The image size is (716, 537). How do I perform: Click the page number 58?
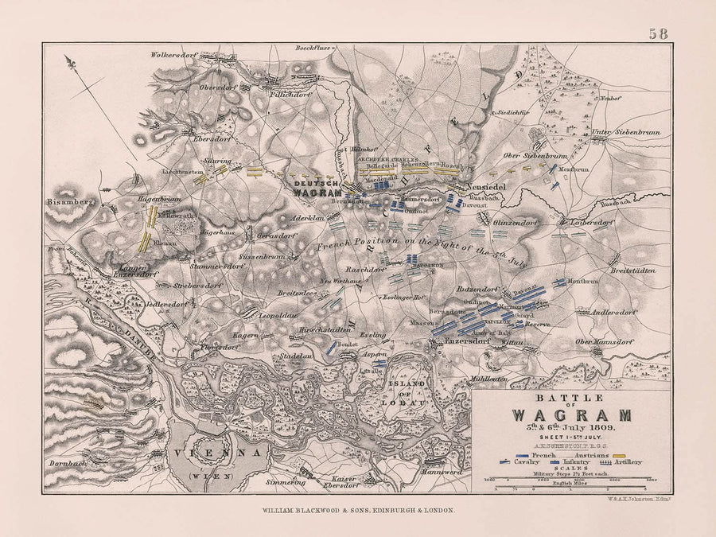[x=658, y=33]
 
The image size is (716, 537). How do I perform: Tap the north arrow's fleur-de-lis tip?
[x=71, y=62]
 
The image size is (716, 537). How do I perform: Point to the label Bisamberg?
[x=71, y=202]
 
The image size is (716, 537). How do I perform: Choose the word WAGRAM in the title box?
[x=571, y=414]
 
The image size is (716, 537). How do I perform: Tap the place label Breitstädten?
[x=633, y=270]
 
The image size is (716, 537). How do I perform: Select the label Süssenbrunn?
[x=269, y=259]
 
